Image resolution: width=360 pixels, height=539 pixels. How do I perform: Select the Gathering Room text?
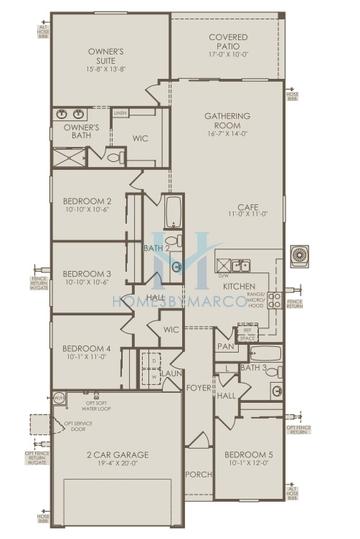[x=227, y=120]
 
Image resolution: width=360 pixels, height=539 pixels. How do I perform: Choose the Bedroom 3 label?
[x=85, y=272]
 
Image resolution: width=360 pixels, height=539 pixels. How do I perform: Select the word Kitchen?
[x=239, y=286]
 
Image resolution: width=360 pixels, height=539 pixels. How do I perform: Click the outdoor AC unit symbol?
[x=299, y=258]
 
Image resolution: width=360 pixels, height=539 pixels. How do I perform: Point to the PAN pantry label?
[x=225, y=345]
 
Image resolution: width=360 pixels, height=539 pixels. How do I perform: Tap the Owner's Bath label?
[x=80, y=132]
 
